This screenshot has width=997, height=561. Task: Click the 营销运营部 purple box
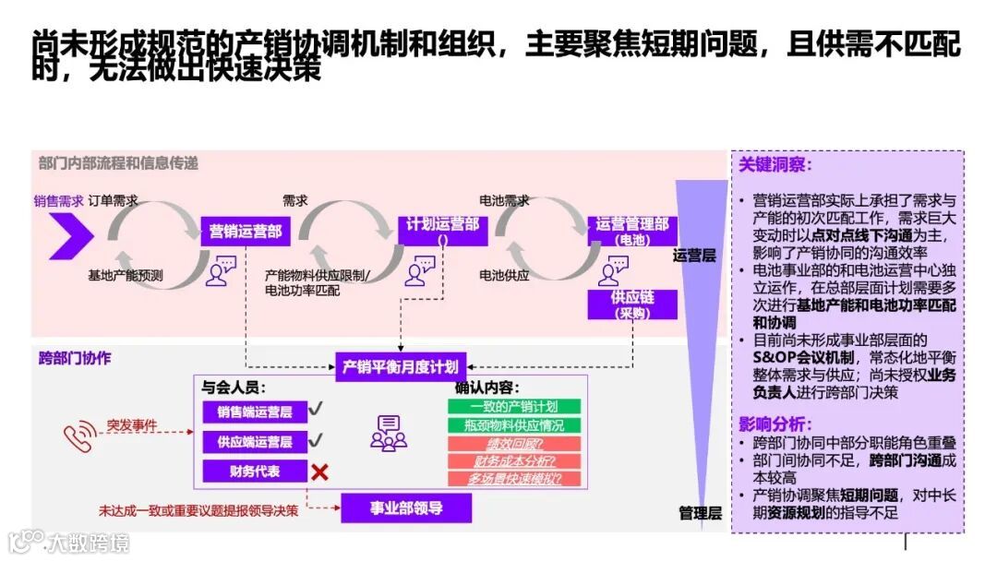tap(246, 231)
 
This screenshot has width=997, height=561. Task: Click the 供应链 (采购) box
tap(632, 304)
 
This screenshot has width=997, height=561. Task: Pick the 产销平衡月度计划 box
tap(400, 366)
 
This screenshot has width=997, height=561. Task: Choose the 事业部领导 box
tap(406, 507)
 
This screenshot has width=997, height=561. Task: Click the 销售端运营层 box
tap(255, 412)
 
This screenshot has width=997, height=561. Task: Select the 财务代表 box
tap(255, 471)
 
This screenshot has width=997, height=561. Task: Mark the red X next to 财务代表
tap(319, 472)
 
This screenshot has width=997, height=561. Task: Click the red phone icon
tap(78, 437)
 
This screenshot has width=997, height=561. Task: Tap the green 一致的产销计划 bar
tap(514, 406)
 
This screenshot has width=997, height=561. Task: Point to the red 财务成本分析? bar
tap(514, 460)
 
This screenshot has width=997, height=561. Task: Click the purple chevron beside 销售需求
tap(71, 236)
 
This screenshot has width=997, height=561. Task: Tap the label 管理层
tap(700, 513)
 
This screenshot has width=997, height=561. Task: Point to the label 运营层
tap(694, 256)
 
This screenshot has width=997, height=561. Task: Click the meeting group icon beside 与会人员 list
tap(388, 434)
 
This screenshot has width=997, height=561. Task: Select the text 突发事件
tap(131, 426)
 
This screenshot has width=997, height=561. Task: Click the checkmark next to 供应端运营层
tap(316, 440)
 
